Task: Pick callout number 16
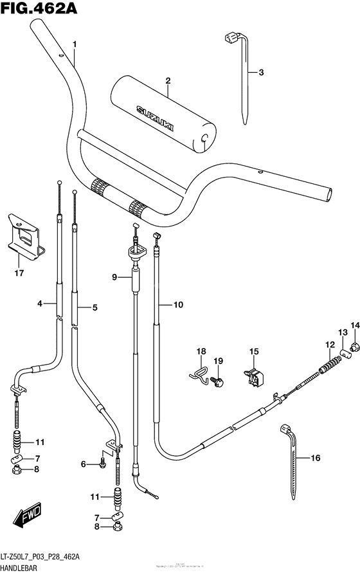click(x=315, y=458)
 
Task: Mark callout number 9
click(x=114, y=277)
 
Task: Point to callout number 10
click(x=178, y=305)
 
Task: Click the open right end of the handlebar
click(x=329, y=193)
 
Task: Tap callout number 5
click(x=94, y=307)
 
